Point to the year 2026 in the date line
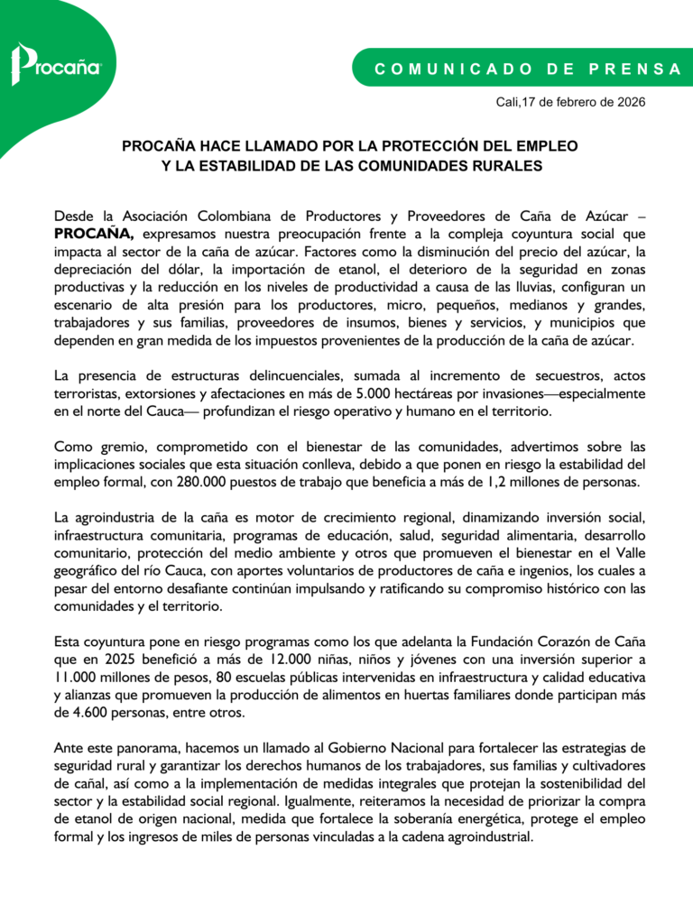pyautogui.click(x=628, y=101)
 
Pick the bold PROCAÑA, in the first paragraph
pyautogui.click(x=94, y=233)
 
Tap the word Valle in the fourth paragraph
pyautogui.click(x=625, y=553)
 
